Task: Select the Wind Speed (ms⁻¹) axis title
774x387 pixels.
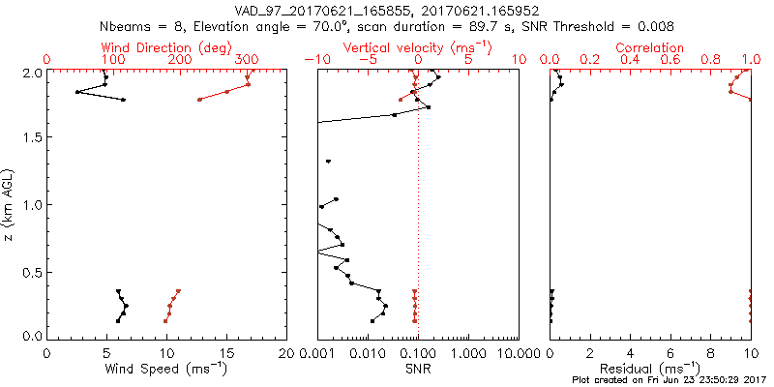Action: tap(166, 370)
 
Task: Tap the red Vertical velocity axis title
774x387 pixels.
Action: tap(417, 47)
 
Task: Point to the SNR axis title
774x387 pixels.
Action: tap(418, 369)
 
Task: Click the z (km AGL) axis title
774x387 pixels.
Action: tap(9, 204)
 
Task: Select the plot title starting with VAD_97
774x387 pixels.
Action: tap(386, 11)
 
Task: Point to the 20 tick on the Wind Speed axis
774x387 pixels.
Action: tap(285, 353)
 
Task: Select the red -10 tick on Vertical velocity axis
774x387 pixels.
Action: tap(314, 60)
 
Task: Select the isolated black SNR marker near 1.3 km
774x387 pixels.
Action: tap(329, 161)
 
